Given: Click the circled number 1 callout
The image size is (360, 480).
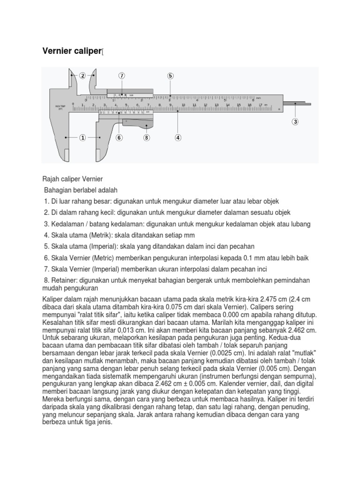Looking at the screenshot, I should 82,138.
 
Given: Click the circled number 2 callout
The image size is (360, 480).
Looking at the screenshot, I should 82,75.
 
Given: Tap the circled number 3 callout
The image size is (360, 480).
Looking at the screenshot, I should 295,122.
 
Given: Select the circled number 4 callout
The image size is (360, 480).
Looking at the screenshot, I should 178,138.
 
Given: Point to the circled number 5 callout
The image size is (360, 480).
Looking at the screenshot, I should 170,75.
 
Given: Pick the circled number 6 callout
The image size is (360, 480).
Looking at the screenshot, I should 119,138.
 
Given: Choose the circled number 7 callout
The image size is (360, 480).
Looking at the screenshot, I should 122,75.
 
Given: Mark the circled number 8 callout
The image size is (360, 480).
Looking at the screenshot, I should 147,138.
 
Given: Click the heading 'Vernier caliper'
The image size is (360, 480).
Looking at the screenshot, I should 72,51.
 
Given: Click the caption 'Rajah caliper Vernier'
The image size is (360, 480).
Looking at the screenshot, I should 72,180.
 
